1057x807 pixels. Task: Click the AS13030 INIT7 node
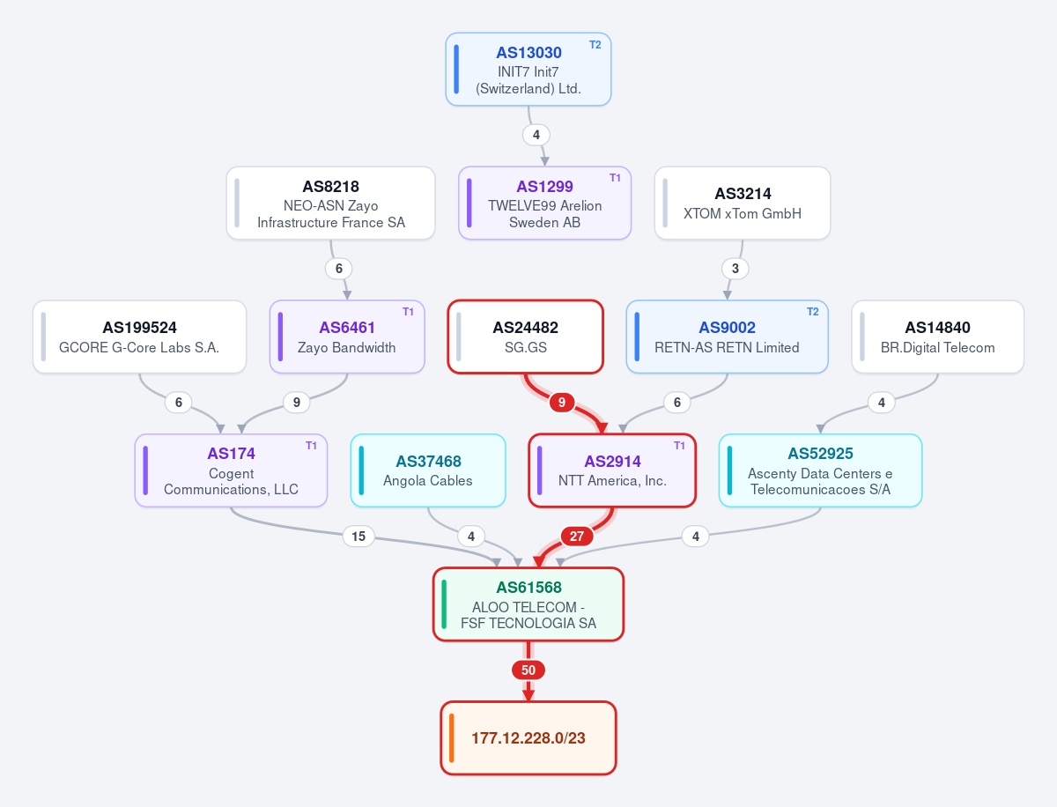528,70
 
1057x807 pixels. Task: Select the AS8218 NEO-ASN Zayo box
331,204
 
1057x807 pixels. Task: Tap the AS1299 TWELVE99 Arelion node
544,204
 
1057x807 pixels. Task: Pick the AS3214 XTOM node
743,204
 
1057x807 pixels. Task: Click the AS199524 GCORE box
140,337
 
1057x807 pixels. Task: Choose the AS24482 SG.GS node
525,337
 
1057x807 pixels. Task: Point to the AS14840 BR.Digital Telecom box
937,337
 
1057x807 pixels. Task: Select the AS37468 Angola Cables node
428,470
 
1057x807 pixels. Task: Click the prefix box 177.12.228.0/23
528,737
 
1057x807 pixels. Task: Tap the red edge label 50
528,670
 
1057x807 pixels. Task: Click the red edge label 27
577,536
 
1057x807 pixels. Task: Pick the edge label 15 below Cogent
358,536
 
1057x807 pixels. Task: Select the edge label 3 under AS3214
735,268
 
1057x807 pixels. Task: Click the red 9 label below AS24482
561,402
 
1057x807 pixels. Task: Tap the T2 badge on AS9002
812,312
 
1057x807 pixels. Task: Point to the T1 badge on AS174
311,446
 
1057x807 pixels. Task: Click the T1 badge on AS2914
679,446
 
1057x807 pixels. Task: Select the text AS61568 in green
528,588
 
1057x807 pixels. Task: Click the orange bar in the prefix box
452,738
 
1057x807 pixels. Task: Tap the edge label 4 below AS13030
536,135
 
